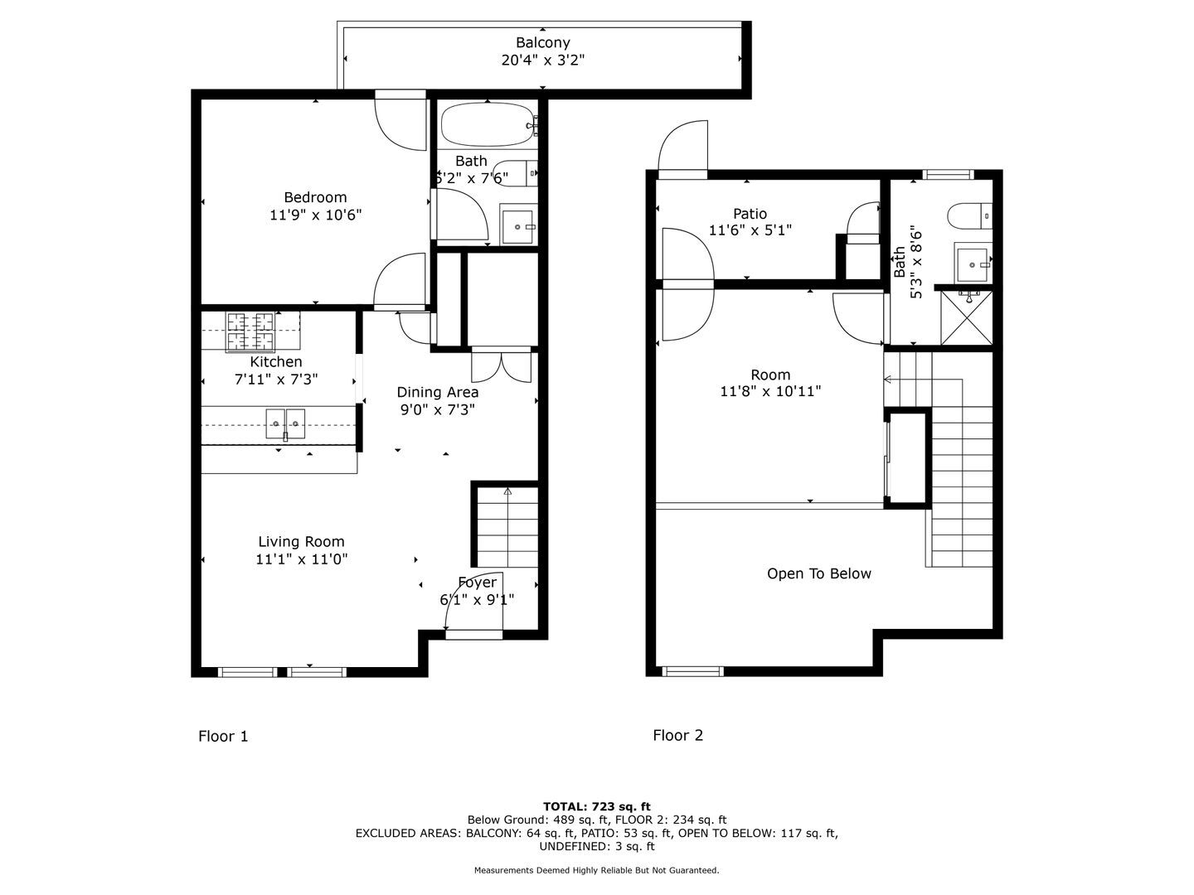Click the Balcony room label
542,42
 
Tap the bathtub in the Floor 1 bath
488,124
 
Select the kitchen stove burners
250,331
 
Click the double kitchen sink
285,423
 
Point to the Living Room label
301,541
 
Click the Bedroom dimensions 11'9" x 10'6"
316,215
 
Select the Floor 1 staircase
507,527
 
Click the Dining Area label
437,392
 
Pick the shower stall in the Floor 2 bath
967,318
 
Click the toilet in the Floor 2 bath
970,215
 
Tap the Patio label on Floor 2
750,214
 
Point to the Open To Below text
818,573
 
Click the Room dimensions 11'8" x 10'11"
770,391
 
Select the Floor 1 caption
223,736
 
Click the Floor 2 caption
677,735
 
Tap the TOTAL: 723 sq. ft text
597,806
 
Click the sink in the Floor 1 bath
518,225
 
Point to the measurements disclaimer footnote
597,870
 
